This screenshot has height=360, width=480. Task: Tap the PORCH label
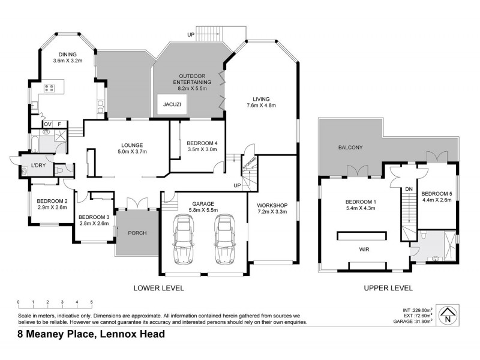pos(137,233)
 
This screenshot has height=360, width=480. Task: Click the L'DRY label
pos(31,166)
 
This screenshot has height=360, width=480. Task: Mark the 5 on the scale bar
pos(91,302)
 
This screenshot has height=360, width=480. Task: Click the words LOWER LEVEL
pos(158,288)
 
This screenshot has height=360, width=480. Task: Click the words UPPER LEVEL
pos(388,288)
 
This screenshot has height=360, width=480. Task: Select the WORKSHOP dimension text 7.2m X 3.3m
pos(272,212)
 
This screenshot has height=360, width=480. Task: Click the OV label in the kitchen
pos(47,124)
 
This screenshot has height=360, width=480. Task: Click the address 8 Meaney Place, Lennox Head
pos(83,334)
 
